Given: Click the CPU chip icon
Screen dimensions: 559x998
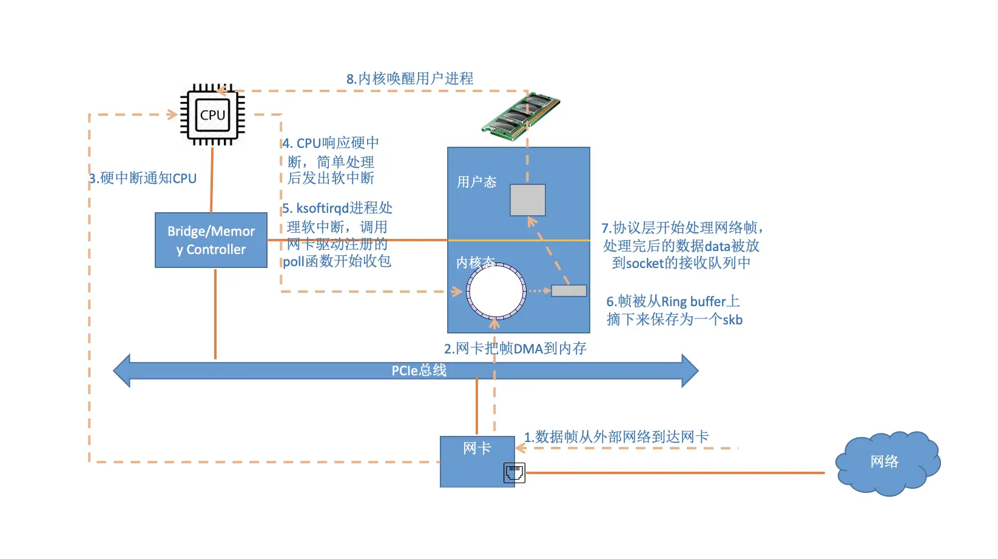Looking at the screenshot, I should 212,115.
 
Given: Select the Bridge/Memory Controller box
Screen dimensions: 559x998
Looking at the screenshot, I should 211,240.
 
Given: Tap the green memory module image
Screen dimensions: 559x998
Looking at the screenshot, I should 521,115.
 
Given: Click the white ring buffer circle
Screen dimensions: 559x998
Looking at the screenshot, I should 496,291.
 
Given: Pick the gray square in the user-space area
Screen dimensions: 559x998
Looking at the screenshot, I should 527,200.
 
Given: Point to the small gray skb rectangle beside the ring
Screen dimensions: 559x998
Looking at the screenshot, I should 568,291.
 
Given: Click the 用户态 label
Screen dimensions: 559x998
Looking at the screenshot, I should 476,182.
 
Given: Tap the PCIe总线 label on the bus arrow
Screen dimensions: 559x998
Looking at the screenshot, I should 419,370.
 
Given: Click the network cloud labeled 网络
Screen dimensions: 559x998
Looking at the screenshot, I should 886,463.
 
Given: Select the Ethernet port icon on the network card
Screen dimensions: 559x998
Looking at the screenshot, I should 514,473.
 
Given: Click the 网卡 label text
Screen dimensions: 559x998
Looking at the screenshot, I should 477,449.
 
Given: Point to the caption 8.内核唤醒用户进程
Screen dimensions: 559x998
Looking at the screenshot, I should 410,79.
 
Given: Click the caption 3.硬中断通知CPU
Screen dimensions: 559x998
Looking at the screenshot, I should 143,178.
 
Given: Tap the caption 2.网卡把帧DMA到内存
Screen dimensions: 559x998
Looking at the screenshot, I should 515,349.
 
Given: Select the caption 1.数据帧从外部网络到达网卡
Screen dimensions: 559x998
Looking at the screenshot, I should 616,437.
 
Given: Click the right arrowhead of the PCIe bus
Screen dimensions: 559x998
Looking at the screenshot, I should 690,370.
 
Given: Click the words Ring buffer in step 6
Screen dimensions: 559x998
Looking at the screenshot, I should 693,302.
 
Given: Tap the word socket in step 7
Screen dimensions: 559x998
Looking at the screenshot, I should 644,263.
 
